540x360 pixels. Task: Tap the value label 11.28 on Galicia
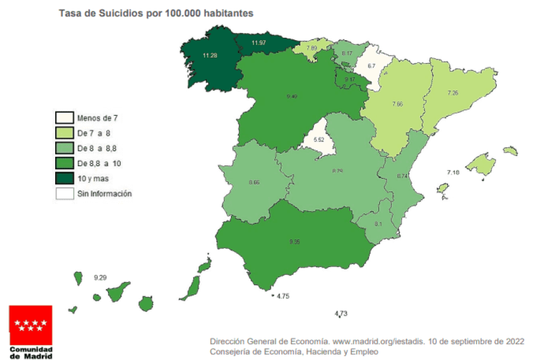pyautogui.click(x=209, y=56)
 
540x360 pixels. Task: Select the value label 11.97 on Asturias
pyautogui.click(x=259, y=43)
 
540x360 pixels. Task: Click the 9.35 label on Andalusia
pyautogui.click(x=294, y=241)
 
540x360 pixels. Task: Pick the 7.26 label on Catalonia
pyautogui.click(x=454, y=93)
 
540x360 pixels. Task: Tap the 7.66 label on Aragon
pyautogui.click(x=397, y=104)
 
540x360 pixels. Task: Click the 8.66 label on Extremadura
pyautogui.click(x=254, y=182)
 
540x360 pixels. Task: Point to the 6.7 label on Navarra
pyautogui.click(x=371, y=66)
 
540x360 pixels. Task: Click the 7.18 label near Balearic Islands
pyautogui.click(x=454, y=173)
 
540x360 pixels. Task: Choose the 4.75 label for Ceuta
pyautogui.click(x=284, y=296)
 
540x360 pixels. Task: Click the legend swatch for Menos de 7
pyautogui.click(x=64, y=117)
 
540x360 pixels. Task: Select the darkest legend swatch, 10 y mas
pyautogui.click(x=64, y=178)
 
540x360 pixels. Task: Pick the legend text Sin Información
pyautogui.click(x=104, y=194)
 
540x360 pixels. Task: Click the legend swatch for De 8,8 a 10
pyautogui.click(x=64, y=163)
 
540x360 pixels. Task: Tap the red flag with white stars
pyautogui.click(x=31, y=325)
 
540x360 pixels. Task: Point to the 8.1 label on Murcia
pyautogui.click(x=378, y=224)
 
